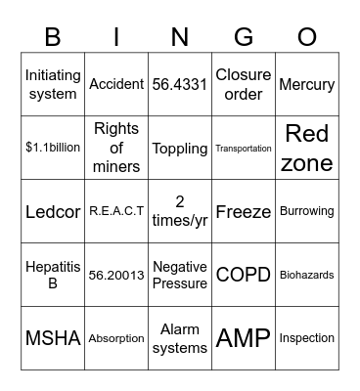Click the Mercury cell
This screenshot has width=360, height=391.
click(306, 85)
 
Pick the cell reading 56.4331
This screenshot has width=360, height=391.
click(180, 85)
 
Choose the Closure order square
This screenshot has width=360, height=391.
click(243, 85)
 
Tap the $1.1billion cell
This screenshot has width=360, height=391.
click(53, 149)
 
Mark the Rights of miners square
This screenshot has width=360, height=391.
click(116, 149)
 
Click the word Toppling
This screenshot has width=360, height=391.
click(180, 149)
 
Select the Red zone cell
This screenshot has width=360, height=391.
click(306, 149)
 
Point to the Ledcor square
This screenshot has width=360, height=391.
click(53, 212)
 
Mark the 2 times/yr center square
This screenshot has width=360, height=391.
click(180, 212)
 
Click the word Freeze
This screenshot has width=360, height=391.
click(243, 212)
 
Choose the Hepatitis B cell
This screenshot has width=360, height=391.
click(53, 276)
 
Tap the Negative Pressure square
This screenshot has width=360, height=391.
click(180, 276)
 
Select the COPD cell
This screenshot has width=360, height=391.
click(243, 276)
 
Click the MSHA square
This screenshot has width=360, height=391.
click(53, 339)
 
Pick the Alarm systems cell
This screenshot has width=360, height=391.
click(180, 339)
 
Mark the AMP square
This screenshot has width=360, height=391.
click(243, 339)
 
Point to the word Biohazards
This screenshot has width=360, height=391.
click(306, 276)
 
